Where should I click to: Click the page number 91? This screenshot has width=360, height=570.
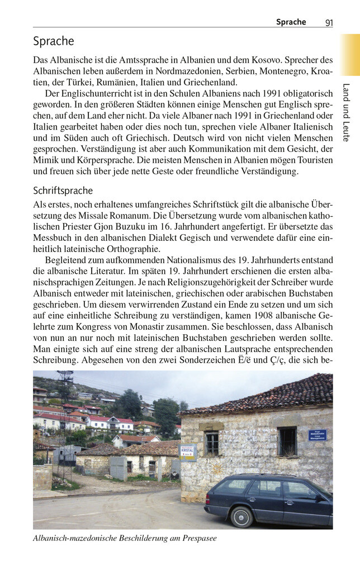(x=329, y=22)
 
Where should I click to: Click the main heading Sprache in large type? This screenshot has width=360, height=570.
(x=53, y=41)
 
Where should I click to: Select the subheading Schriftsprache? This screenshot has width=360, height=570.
(x=63, y=191)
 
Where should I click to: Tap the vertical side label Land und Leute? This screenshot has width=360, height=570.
(x=347, y=112)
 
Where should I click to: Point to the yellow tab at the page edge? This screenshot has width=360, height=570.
(x=350, y=54)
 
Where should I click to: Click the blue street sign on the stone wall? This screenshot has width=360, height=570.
(x=317, y=435)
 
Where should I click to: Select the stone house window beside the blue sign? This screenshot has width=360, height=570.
(x=287, y=441)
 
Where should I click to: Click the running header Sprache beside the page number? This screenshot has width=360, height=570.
(x=291, y=22)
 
